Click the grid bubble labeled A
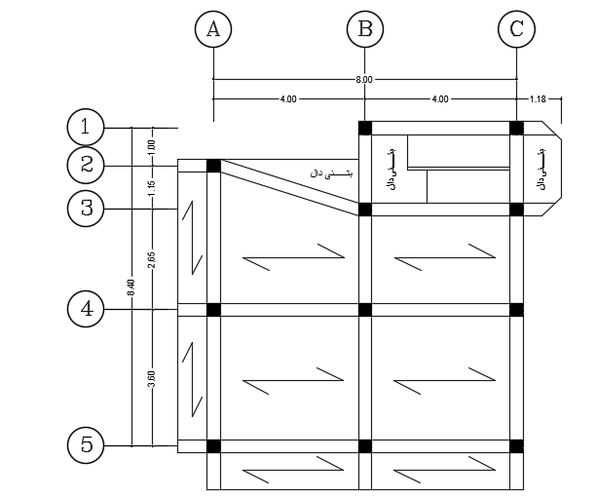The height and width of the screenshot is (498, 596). pyautogui.click(x=213, y=29)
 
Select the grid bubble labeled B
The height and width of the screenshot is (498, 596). pyautogui.click(x=365, y=29)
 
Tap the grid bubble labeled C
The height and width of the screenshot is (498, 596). pyautogui.click(x=516, y=29)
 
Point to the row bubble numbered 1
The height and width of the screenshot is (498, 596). pyautogui.click(x=86, y=127)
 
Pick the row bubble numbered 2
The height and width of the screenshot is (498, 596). pyautogui.click(x=86, y=165)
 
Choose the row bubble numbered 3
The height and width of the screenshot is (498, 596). pyautogui.click(x=86, y=208)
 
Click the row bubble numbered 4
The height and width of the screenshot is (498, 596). pyautogui.click(x=86, y=309)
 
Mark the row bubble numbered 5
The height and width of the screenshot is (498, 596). pyautogui.click(x=86, y=445)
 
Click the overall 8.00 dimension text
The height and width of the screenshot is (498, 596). pyautogui.click(x=365, y=80)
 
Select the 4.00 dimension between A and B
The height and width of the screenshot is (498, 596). pyautogui.click(x=289, y=99)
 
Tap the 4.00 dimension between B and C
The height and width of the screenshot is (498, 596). pyautogui.click(x=440, y=99)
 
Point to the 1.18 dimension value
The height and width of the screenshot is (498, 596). pyautogui.click(x=539, y=99)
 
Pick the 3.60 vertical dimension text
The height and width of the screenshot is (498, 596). pyautogui.click(x=152, y=379)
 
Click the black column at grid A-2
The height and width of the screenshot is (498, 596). pyautogui.click(x=213, y=166)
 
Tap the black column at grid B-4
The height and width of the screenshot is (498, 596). pyautogui.click(x=365, y=310)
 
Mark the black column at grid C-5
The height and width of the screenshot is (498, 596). pyautogui.click(x=516, y=446)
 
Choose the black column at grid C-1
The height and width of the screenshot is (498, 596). pyautogui.click(x=516, y=128)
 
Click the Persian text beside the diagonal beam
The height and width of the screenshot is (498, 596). pyautogui.click(x=331, y=172)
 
